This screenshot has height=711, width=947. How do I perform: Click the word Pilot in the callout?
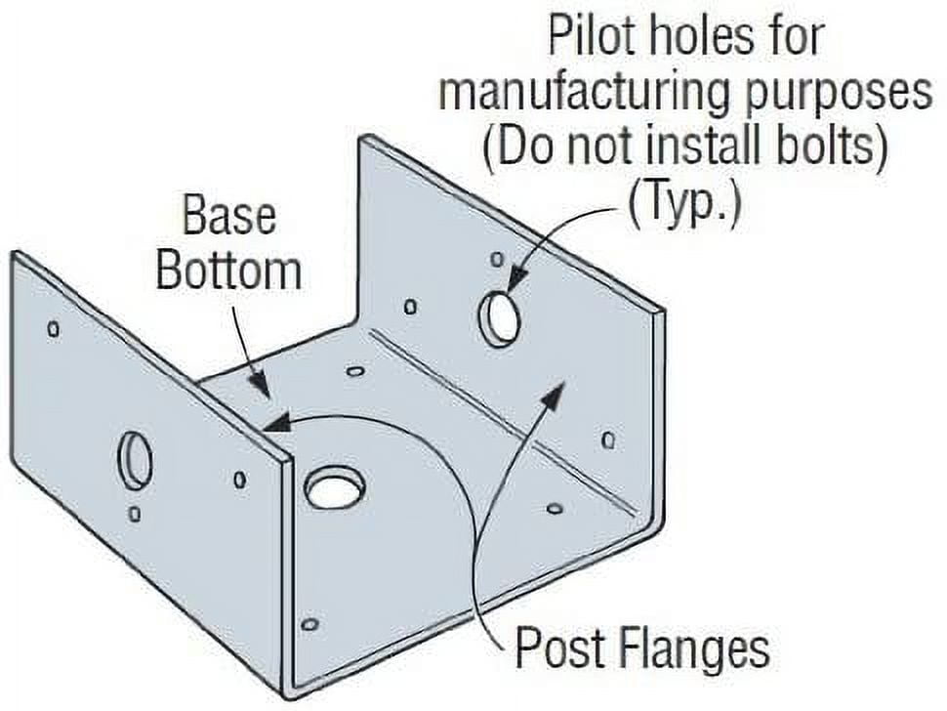click(597, 37)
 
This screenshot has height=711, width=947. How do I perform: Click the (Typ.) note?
click(683, 203)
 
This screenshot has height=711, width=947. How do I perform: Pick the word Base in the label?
click(229, 216)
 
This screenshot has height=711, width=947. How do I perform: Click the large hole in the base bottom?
click(335, 485)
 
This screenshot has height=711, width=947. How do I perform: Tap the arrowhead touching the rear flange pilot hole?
click(517, 280)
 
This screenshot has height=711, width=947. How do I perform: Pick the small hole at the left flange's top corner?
click(54, 329)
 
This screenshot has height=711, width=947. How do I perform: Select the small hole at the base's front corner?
click(309, 623)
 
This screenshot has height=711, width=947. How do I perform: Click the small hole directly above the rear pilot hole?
click(497, 259)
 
